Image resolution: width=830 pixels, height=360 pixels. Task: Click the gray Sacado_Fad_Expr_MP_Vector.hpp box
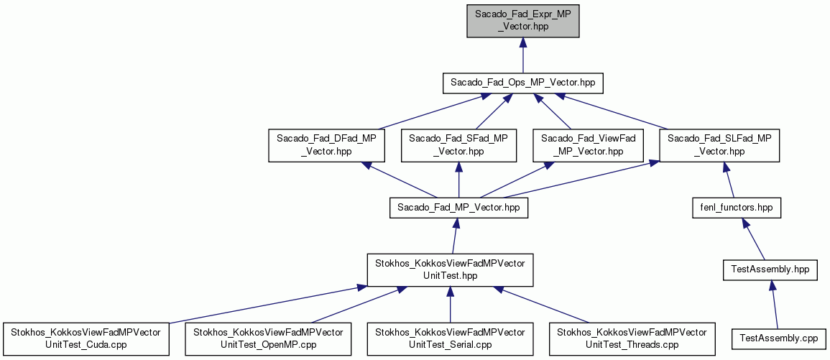point(523,20)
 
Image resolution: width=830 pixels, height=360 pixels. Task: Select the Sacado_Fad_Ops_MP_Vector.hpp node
point(523,83)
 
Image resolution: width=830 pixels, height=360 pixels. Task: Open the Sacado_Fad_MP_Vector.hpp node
point(459,208)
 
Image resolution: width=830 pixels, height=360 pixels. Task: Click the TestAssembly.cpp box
point(778,338)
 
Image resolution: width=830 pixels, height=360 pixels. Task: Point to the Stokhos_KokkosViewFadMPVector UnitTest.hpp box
point(450,270)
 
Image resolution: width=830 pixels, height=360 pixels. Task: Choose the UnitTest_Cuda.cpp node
point(86,338)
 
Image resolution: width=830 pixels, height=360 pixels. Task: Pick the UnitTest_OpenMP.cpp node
point(268,338)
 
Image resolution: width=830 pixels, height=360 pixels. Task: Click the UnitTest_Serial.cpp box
point(450,338)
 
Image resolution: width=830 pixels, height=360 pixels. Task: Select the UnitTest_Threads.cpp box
point(632,338)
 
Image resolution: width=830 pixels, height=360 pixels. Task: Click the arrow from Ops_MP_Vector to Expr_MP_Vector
point(523,55)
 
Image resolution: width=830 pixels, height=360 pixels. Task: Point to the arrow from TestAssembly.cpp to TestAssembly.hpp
point(774,305)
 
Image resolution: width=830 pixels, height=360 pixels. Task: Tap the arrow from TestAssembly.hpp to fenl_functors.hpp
point(752,239)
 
